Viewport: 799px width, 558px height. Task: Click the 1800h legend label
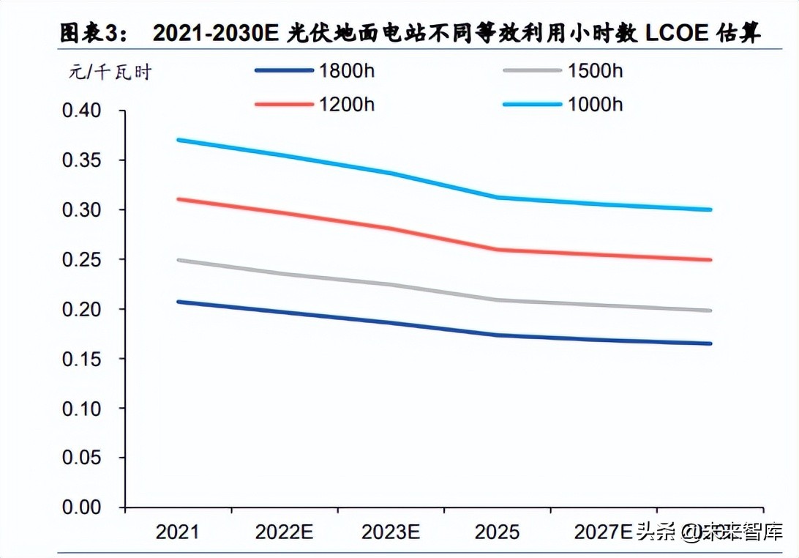(346, 71)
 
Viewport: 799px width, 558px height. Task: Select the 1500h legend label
(595, 71)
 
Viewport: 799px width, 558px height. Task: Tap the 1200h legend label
(346, 105)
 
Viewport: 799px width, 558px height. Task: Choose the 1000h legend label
(595, 105)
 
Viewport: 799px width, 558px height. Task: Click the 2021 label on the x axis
(177, 532)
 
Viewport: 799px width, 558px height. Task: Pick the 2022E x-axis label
(284, 532)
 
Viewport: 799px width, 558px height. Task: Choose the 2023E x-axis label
(390, 532)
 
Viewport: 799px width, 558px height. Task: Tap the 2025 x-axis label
(497, 532)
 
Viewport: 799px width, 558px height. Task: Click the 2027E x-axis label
(601, 532)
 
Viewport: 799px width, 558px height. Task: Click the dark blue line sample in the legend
(283, 71)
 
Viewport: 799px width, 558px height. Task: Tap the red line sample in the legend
(283, 105)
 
